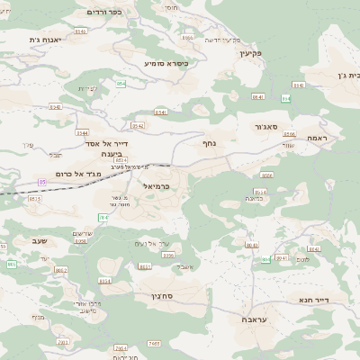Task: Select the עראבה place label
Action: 256,319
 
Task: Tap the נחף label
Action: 209,142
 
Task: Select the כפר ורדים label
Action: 103,12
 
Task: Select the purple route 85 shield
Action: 41,183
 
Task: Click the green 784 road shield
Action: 103,217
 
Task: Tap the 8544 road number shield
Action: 82,132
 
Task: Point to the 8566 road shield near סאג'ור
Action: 290,134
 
